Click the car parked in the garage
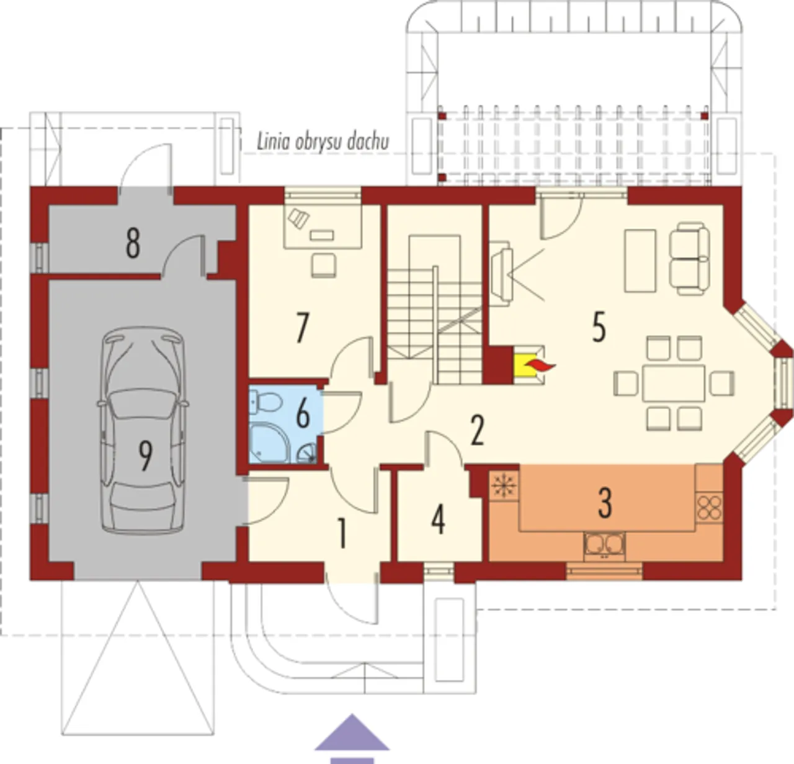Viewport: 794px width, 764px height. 143,430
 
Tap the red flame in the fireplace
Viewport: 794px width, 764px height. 540,366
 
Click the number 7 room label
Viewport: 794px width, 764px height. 302,328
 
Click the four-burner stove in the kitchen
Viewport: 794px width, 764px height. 709,507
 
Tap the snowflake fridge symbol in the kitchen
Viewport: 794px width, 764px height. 505,485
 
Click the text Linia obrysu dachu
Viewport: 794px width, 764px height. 323,142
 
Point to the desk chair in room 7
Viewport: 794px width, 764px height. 324,265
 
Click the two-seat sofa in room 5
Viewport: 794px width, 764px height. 689,258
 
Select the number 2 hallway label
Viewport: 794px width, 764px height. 477,431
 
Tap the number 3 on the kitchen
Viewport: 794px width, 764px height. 604,503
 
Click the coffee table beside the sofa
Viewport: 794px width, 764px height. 640,261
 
